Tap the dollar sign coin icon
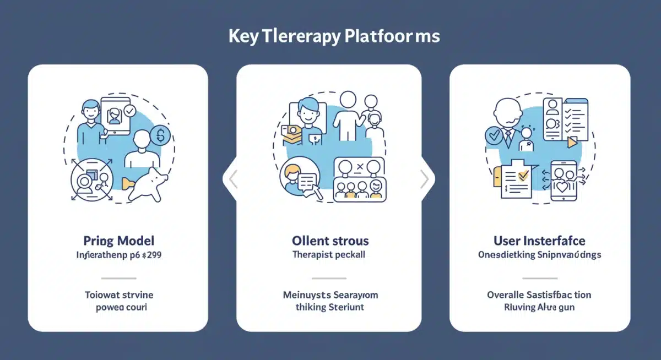point(160,135)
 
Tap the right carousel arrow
point(424,179)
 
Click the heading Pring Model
point(118,241)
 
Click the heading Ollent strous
point(330,241)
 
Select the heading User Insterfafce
point(539,241)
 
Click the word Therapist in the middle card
point(312,255)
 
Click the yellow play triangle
point(573,141)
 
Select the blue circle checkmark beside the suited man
point(493,135)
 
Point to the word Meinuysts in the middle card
point(307,294)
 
